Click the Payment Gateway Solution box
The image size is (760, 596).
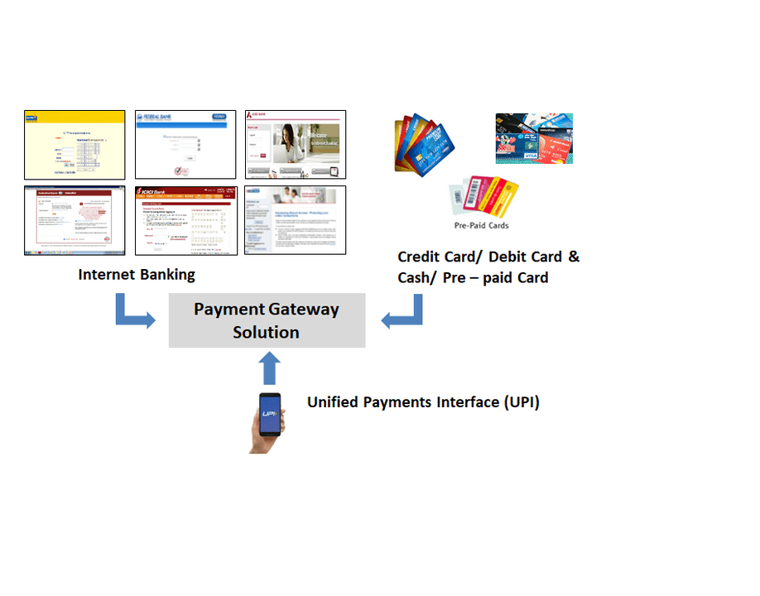pos(267,320)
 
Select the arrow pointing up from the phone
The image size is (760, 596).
pos(270,368)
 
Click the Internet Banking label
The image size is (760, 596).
pos(137,275)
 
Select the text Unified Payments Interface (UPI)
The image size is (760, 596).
pos(423,402)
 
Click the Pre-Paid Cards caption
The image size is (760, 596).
pos(481,225)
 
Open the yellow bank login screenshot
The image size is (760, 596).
pos(75,145)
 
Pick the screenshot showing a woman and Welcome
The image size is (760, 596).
pos(296,145)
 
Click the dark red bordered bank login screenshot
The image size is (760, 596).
pos(75,220)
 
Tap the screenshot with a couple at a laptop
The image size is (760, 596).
pos(296,220)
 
